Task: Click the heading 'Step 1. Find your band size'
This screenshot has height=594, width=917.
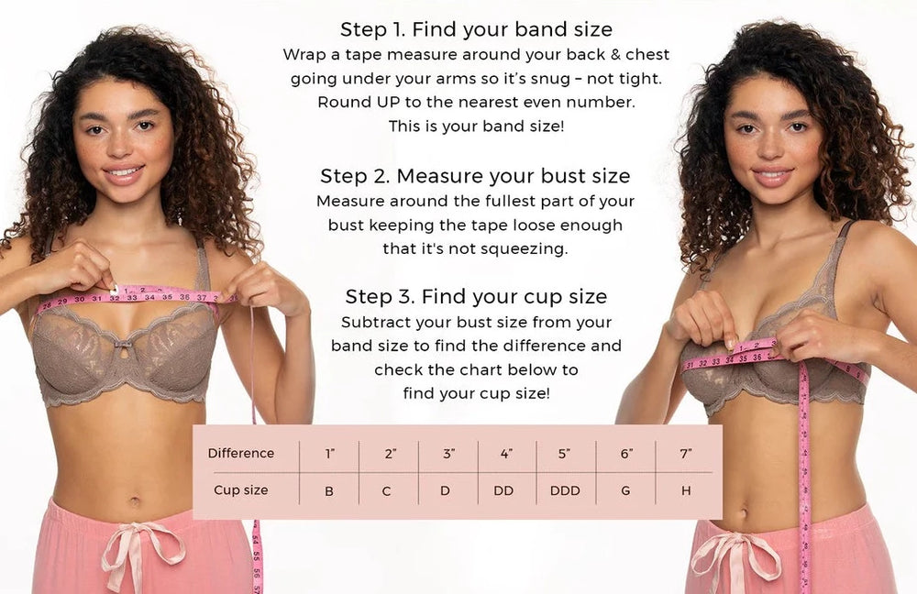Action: [476, 29]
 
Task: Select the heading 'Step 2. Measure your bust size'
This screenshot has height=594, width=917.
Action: [475, 176]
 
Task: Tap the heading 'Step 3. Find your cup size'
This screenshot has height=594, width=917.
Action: [476, 296]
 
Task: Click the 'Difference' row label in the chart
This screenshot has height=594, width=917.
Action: [241, 453]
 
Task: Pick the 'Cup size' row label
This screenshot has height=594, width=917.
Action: [241, 489]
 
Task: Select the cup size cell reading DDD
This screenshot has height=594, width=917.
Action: [565, 490]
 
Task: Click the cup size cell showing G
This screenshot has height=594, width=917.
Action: [625, 490]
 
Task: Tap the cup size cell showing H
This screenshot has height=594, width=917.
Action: [686, 490]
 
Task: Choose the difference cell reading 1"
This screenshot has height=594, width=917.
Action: [330, 454]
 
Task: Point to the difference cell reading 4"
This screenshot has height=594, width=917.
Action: [506, 454]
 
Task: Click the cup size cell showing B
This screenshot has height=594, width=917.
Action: [329, 491]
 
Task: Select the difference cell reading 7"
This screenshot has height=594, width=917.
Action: [686, 454]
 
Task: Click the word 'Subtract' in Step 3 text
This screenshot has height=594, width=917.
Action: [368, 322]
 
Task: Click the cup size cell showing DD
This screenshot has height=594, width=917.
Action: [503, 490]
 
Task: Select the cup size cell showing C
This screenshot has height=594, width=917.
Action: [387, 491]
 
